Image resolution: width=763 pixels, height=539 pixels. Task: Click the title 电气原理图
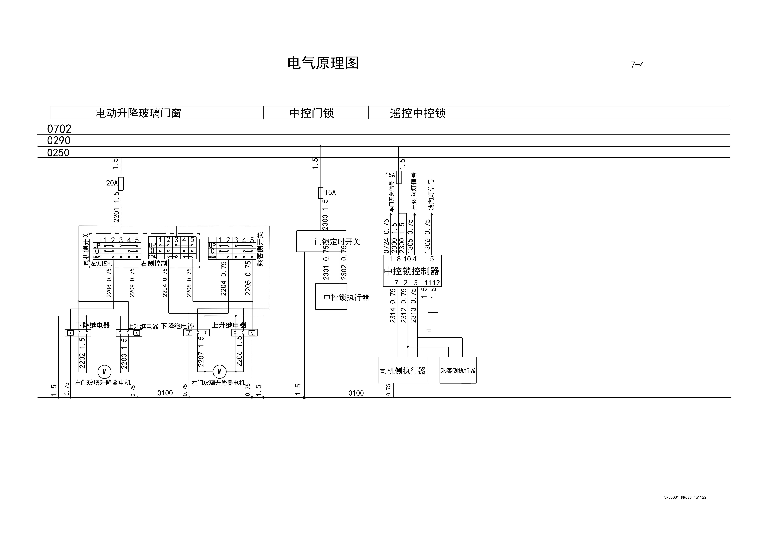click(x=323, y=63)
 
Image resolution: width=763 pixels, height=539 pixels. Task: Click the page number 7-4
click(x=637, y=65)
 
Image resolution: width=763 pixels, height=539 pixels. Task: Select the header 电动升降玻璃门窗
click(x=138, y=113)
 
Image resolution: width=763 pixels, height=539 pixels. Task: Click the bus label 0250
click(x=58, y=153)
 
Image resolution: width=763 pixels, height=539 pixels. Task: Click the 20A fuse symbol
click(x=121, y=183)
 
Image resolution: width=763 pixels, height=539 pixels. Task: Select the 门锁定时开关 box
click(x=321, y=241)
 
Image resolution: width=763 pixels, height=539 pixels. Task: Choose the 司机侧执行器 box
click(x=403, y=370)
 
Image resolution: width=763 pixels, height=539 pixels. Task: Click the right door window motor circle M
click(x=219, y=371)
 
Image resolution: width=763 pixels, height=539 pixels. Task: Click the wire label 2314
click(x=393, y=315)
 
